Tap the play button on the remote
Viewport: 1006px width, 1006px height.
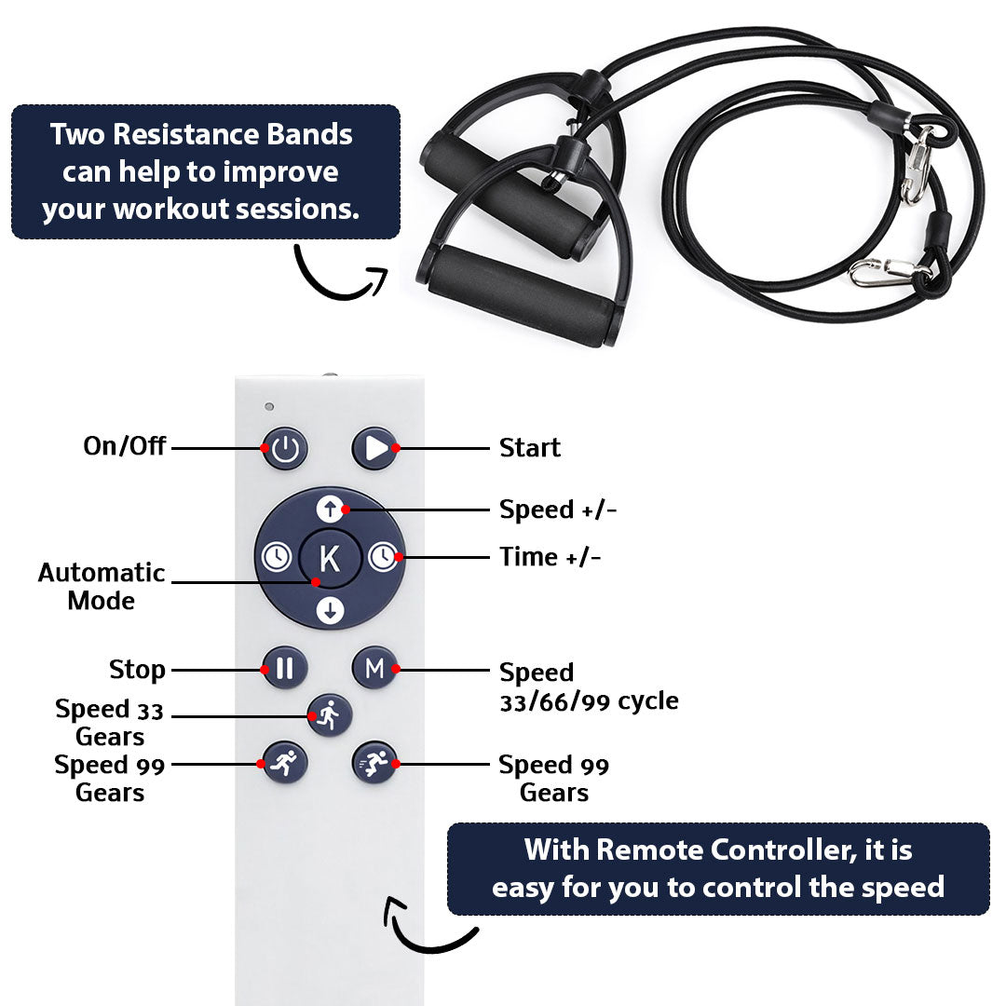[374, 448]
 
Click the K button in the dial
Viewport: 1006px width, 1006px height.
[330, 559]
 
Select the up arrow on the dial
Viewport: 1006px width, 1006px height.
[330, 509]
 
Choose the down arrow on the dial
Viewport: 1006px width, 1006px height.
[330, 610]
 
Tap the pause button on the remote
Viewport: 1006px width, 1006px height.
[285, 668]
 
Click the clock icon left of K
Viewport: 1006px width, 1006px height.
[275, 558]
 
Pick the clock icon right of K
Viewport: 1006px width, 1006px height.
[382, 558]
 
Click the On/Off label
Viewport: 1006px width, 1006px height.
[125, 446]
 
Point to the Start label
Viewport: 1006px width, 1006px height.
[530, 448]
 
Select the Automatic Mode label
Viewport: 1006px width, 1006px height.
[102, 586]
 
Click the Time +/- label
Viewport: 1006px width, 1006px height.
[550, 557]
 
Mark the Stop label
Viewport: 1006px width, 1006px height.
[137, 670]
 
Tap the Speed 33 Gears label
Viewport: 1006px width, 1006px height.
[109, 723]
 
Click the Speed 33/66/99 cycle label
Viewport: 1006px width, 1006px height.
[589, 687]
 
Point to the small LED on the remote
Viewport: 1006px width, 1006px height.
[268, 407]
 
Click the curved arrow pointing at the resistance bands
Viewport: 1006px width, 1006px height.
[341, 276]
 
